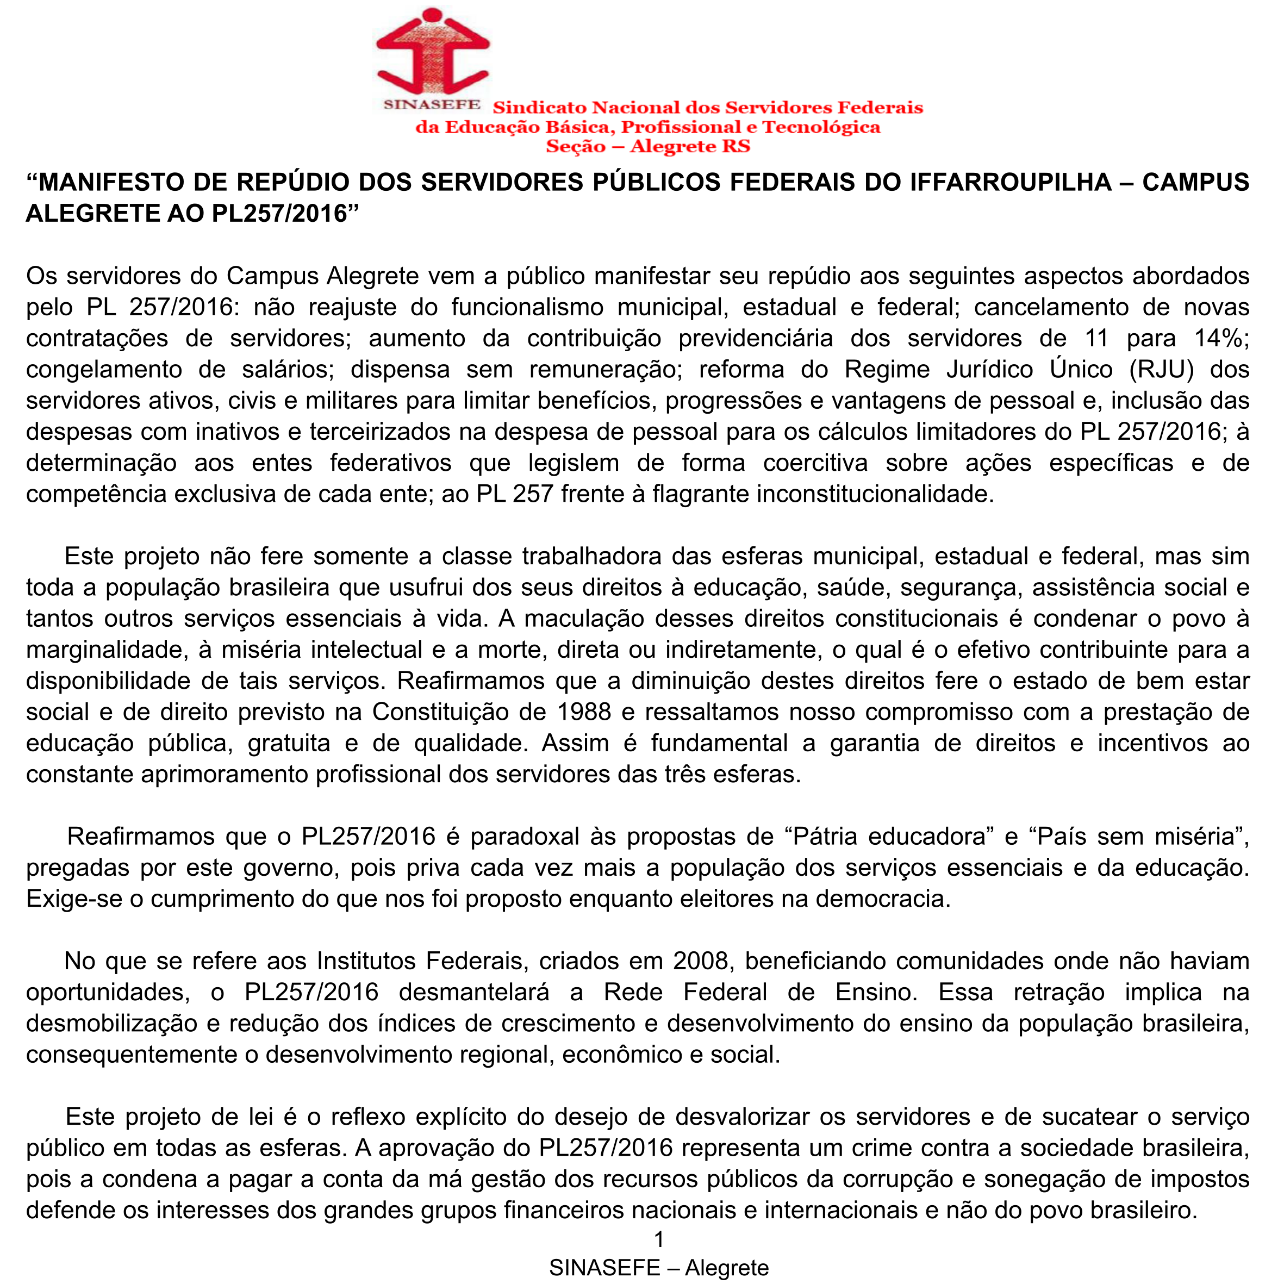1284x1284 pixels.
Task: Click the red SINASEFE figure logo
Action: coord(433,52)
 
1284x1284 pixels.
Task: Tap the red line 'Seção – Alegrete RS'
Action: coord(648,146)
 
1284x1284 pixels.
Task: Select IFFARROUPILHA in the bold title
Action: coord(1010,182)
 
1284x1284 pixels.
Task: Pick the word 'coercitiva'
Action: coord(815,463)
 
